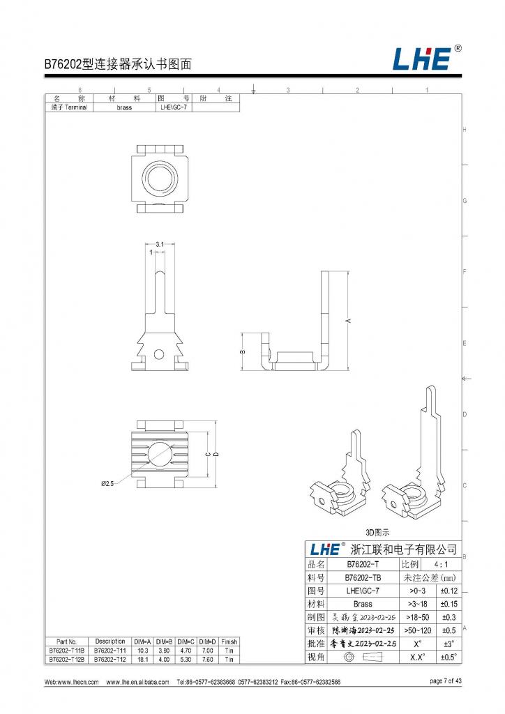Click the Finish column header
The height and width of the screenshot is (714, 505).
[229, 641]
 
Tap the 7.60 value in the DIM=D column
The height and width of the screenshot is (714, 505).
[207, 659]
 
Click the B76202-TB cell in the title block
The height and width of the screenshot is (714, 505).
[362, 577]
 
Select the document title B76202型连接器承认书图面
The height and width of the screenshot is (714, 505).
[119, 64]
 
